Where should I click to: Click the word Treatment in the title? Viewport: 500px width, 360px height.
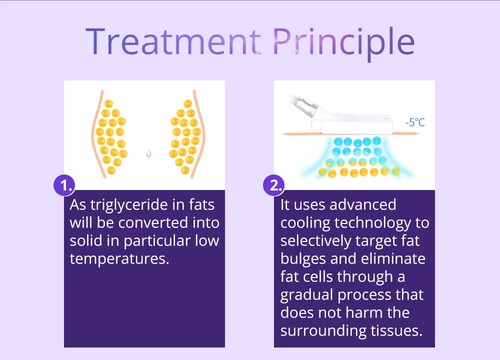[x=173, y=41]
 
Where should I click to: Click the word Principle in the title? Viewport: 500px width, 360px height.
[x=344, y=43]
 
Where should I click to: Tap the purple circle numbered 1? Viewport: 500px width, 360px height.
[x=64, y=185]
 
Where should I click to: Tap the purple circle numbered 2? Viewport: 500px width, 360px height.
[x=274, y=185]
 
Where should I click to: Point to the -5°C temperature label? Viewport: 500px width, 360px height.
[x=415, y=122]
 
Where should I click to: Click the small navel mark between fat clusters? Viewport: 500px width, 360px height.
[x=148, y=153]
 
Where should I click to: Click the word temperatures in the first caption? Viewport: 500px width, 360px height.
[x=119, y=259]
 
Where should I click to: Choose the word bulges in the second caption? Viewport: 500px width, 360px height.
[x=303, y=259]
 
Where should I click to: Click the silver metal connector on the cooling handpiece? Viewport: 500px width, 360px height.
[x=307, y=105]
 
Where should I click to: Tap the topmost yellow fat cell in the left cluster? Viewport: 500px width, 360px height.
[x=108, y=103]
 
